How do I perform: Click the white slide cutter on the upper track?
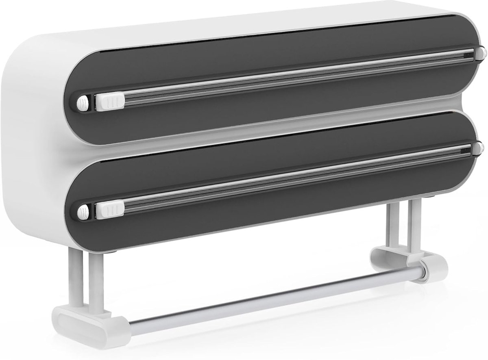pyautogui.click(x=110, y=100)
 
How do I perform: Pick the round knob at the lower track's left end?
pyautogui.click(x=83, y=211)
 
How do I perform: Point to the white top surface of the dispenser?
pyautogui.click(x=244, y=18)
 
